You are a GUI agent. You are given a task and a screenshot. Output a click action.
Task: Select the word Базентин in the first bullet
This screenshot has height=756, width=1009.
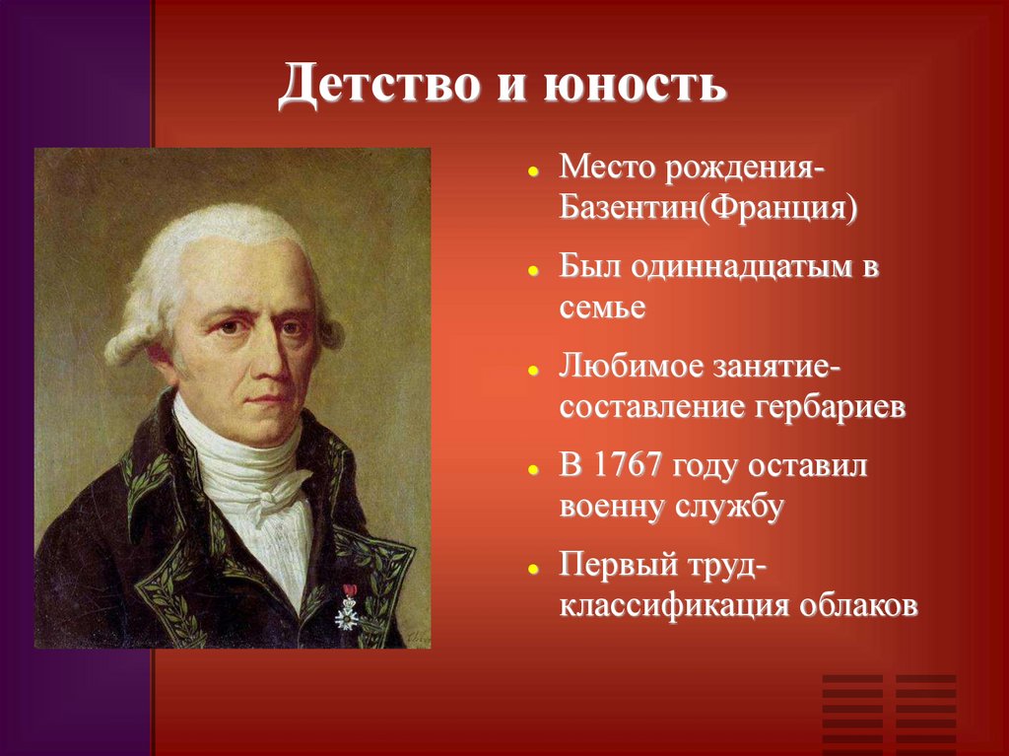pyautogui.click(x=628, y=211)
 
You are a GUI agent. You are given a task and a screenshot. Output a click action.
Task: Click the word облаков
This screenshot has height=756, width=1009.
pyautogui.click(x=857, y=605)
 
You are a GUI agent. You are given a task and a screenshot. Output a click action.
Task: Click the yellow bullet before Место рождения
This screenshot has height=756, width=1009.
pyautogui.click(x=532, y=171)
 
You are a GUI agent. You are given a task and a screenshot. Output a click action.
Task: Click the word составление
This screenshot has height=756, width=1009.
pyautogui.click(x=658, y=408)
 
